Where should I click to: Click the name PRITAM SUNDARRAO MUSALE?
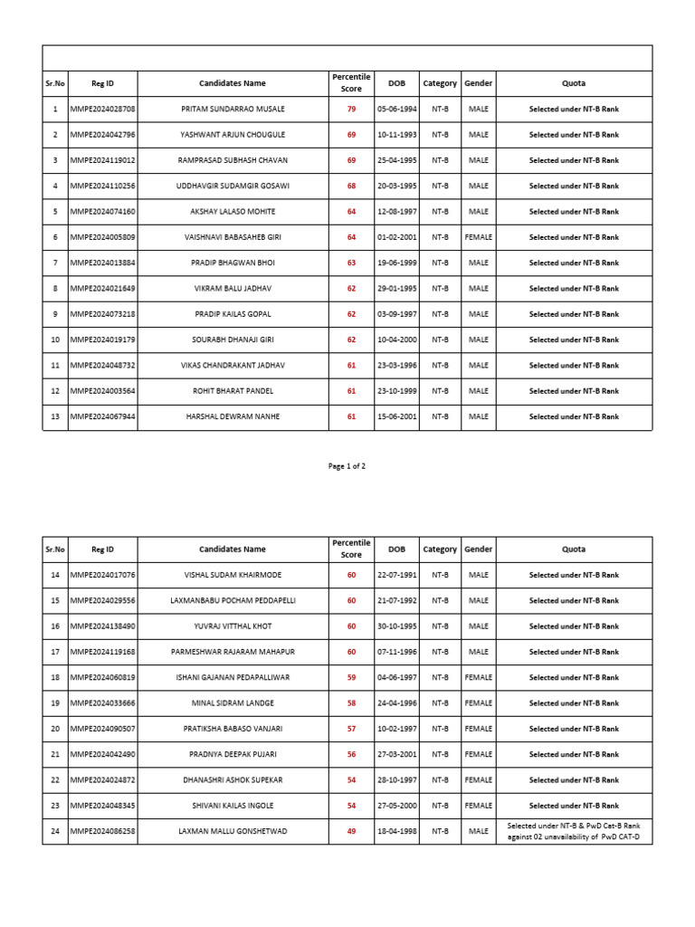click(233, 109)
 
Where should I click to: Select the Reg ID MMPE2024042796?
click(102, 134)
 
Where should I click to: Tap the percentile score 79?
click(352, 109)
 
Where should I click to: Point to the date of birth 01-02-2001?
click(397, 237)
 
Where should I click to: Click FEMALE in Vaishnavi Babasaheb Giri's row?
click(478, 237)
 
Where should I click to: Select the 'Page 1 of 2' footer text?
click(347, 466)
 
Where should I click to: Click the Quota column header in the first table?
click(574, 83)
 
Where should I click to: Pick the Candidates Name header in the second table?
click(233, 549)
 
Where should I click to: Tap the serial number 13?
click(55, 416)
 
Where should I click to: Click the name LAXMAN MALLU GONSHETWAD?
click(233, 831)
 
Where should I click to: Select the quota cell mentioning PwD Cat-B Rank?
click(574, 831)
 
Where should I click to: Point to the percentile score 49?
click(352, 831)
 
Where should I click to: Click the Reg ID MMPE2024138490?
click(102, 626)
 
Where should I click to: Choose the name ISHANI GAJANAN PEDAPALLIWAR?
click(233, 677)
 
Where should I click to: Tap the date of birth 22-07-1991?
click(397, 575)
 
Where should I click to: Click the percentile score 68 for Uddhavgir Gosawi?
click(352, 186)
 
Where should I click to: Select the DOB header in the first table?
click(397, 83)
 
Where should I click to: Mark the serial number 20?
click(55, 729)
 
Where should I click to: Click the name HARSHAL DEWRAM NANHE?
click(233, 416)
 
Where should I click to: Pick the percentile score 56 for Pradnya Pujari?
click(352, 754)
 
